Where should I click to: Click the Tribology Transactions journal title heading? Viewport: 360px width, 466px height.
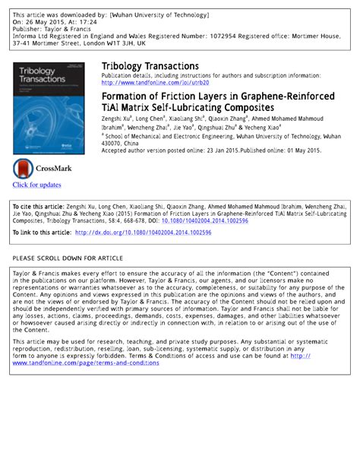(150, 66)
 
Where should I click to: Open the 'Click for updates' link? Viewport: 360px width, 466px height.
(36, 185)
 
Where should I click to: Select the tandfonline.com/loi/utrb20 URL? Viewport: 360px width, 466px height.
(155, 83)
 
